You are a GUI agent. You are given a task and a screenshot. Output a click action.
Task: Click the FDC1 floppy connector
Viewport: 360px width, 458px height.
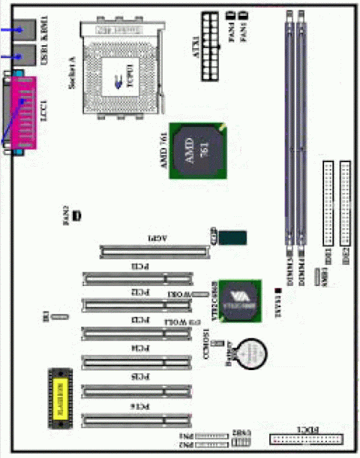point(307,439)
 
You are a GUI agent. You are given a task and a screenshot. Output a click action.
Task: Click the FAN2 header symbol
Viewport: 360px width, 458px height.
point(76,216)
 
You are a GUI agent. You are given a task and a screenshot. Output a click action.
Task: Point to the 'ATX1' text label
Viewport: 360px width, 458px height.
point(195,38)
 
